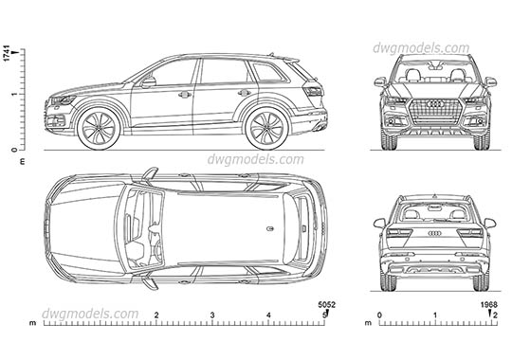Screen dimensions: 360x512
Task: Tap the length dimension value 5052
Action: pyautogui.click(x=326, y=305)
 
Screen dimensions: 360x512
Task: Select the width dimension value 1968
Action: pyautogui.click(x=489, y=305)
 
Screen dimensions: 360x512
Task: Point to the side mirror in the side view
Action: pyautogui.click(x=149, y=82)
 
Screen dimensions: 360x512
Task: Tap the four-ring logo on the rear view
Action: pyautogui.click(x=435, y=233)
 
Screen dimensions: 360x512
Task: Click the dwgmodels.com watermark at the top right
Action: pyautogui.click(x=433, y=47)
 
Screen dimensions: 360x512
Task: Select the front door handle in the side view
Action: pyautogui.click(x=185, y=95)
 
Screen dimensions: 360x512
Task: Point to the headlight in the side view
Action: pyautogui.click(x=63, y=100)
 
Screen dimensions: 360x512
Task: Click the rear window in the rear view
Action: pyautogui.click(x=435, y=212)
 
